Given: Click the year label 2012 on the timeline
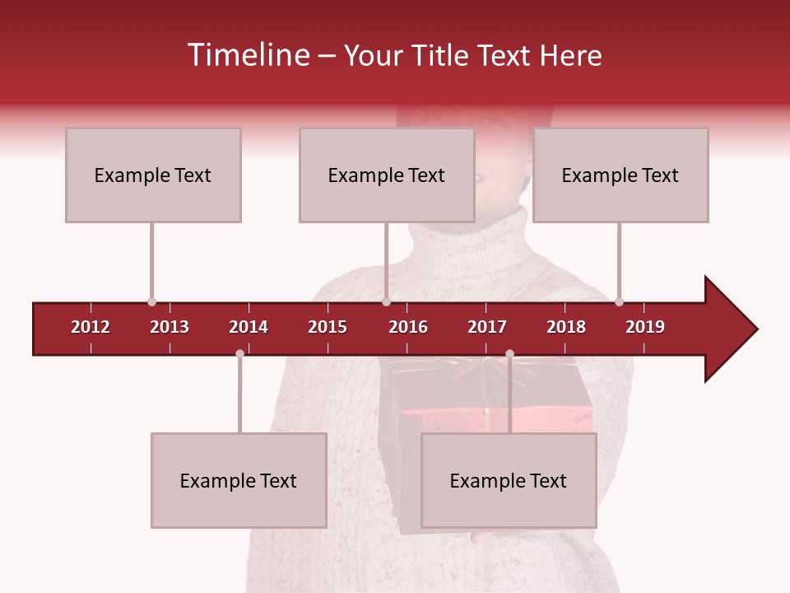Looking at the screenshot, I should coord(91,327).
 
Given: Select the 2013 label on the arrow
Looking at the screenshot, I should coord(170,327).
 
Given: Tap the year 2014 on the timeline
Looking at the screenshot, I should coord(249,327).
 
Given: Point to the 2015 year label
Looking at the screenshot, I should coord(328,327).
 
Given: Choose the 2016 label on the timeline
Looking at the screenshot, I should coord(408,327).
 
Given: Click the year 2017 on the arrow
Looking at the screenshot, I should coord(487,327).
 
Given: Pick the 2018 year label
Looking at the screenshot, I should coord(566,327).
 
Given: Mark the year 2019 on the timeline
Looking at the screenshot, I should coord(645,327).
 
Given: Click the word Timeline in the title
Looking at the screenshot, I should coord(247,55).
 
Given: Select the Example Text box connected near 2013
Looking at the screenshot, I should coord(153,175).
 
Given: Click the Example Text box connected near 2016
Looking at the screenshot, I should coord(387,175).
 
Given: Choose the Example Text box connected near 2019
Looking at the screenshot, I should coord(620,175).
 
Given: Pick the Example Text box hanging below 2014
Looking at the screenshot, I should coord(239,480).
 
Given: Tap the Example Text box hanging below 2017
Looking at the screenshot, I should coord(509,480).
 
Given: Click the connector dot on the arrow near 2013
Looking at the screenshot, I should coord(151,301).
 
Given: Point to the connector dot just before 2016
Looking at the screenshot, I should coord(386,301).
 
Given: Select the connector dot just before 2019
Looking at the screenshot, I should coord(619,301).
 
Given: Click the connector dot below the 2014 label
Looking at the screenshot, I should coord(239,353).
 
